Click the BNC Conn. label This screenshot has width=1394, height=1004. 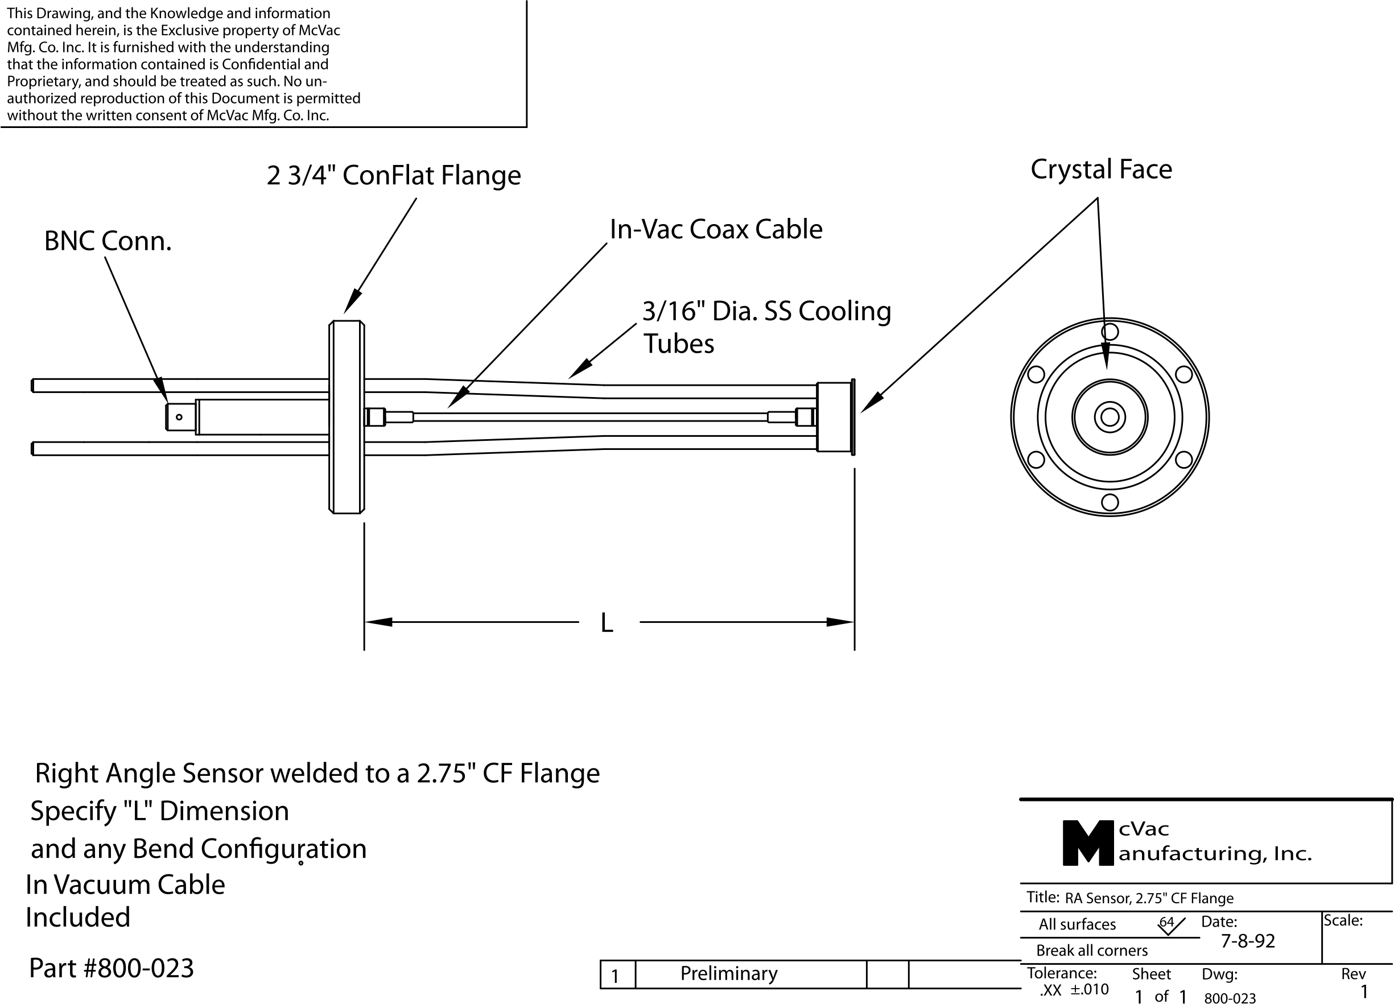[108, 242]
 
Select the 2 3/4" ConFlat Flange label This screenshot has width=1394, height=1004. [393, 176]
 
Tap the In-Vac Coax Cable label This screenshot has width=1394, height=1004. [715, 230]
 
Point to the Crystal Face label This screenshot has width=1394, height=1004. [1101, 170]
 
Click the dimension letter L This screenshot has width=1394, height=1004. [607, 623]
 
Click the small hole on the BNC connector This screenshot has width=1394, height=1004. [179, 417]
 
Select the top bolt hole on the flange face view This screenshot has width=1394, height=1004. [1110, 332]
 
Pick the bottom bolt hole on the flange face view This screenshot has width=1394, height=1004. [1110, 502]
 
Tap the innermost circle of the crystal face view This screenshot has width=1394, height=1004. [1110, 417]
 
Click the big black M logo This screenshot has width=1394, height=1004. [1087, 843]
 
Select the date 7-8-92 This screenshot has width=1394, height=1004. [1247, 941]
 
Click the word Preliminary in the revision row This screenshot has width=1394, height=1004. [728, 974]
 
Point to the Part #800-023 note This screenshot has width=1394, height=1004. [112, 968]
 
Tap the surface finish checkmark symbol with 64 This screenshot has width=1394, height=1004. [1170, 925]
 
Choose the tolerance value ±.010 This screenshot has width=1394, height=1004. [1089, 989]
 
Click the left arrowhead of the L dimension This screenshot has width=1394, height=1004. [378, 622]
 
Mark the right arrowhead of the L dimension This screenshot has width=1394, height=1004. [840, 622]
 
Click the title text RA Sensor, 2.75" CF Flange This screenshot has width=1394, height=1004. [1149, 898]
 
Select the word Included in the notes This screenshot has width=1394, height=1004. [77, 918]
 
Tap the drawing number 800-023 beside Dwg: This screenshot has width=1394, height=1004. [1230, 998]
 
